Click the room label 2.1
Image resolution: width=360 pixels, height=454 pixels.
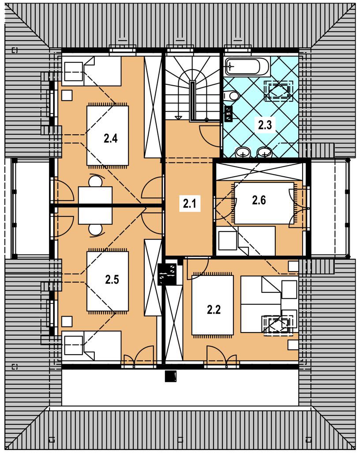click(x=190, y=204)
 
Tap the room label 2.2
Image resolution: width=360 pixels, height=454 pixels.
click(x=214, y=310)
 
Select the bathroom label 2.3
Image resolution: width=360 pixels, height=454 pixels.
click(x=265, y=125)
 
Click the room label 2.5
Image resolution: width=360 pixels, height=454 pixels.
click(x=112, y=280)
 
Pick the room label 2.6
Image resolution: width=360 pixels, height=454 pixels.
click(x=259, y=200)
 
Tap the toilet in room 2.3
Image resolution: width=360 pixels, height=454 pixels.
click(x=231, y=95)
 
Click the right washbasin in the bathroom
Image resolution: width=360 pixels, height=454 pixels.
click(x=264, y=152)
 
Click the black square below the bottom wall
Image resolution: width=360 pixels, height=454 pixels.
click(x=171, y=376)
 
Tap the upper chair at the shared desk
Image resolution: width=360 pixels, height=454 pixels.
click(x=95, y=182)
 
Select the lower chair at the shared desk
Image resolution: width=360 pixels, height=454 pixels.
click(x=95, y=230)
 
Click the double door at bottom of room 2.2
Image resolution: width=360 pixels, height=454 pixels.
click(x=222, y=357)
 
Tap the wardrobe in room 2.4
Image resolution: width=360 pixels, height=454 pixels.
click(x=153, y=107)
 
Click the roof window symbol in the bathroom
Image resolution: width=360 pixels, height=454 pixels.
click(x=279, y=91)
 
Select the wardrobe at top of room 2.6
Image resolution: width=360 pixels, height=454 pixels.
click(x=259, y=172)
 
